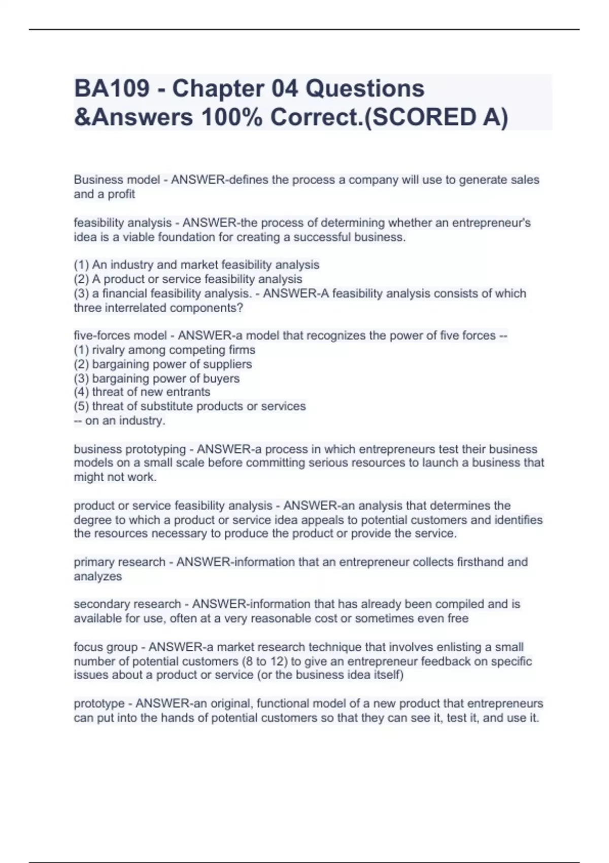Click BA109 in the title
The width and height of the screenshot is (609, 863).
click(x=112, y=89)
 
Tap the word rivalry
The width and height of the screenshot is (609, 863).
click(x=109, y=350)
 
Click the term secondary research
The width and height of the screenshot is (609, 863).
click(x=127, y=604)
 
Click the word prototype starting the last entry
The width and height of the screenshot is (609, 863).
click(x=99, y=704)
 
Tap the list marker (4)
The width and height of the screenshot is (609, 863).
click(x=81, y=392)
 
